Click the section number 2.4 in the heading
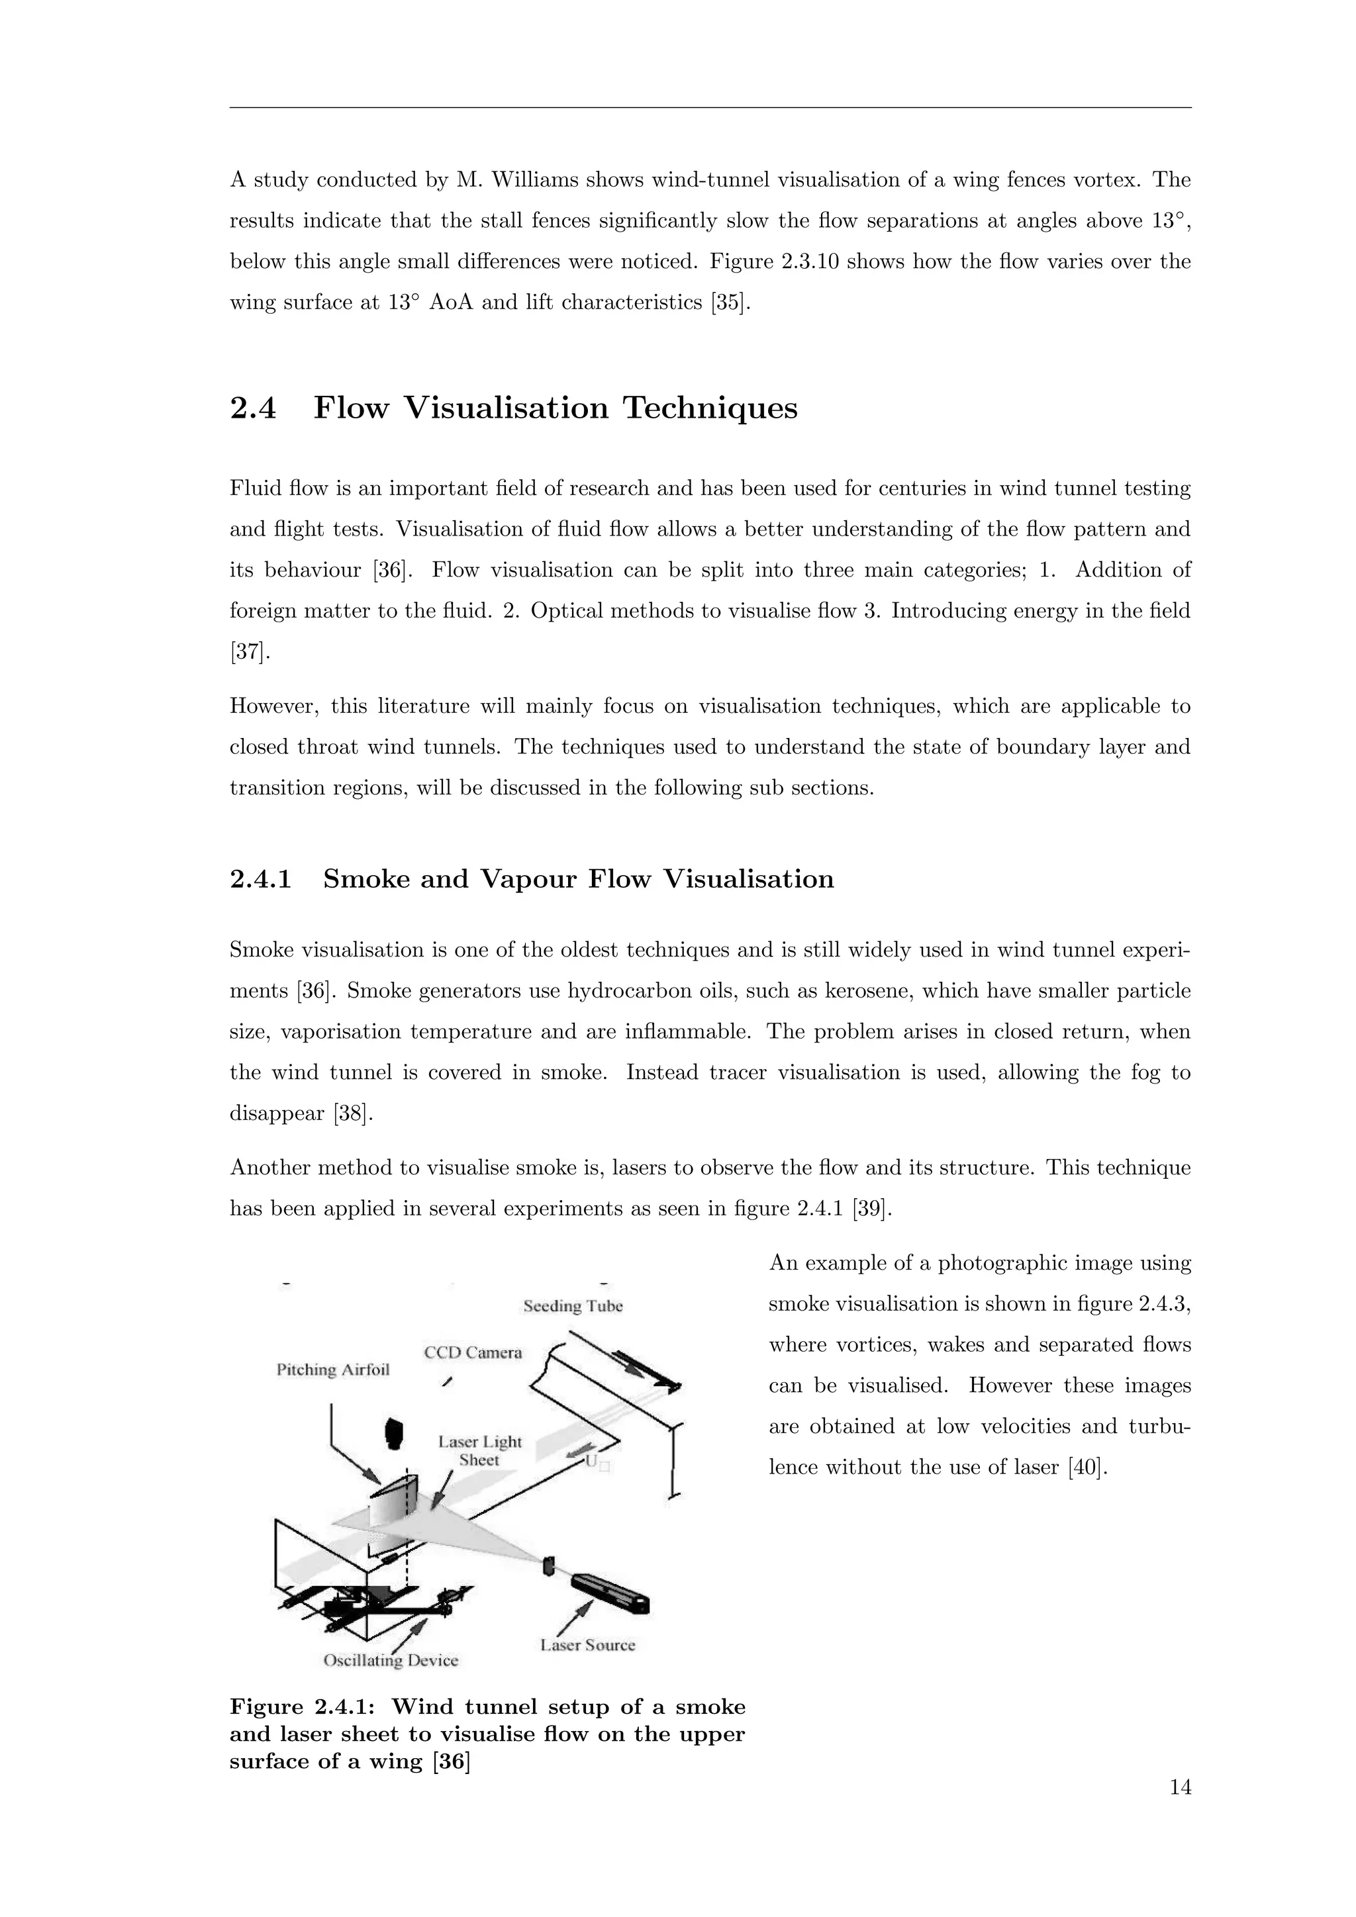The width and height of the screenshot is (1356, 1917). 252,408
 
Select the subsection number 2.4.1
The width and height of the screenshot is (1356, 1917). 260,879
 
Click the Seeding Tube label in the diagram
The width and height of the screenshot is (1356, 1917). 573,1306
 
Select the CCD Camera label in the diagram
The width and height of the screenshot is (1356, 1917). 473,1352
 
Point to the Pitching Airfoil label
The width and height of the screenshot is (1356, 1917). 333,1370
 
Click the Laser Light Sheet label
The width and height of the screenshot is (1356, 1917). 480,1451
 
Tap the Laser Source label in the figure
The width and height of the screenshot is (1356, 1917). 588,1645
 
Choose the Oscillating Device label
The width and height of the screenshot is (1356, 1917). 391,1661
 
